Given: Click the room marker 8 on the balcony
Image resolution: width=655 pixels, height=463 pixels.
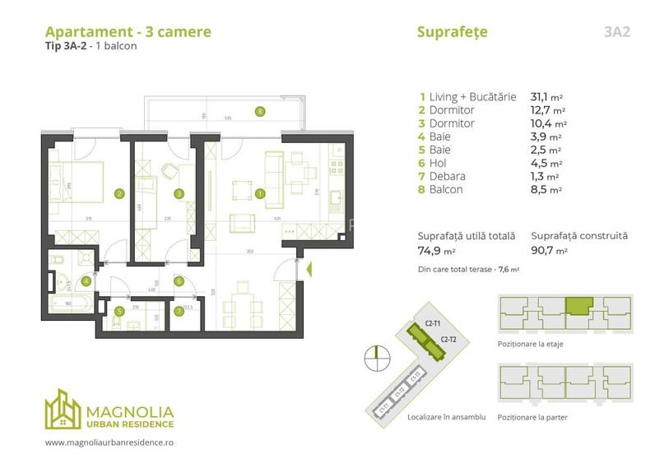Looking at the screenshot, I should pos(260,111).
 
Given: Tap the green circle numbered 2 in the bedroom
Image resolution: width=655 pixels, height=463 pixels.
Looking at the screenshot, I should pos(119,194).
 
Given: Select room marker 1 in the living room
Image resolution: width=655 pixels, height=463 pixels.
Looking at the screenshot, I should pos(260,194).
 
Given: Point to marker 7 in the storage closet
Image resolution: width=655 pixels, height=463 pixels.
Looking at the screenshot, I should pos(179,312).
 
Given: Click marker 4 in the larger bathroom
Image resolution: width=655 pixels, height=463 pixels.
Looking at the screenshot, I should pos(86,280).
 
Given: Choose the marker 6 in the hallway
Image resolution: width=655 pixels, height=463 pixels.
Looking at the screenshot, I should pos(179,280).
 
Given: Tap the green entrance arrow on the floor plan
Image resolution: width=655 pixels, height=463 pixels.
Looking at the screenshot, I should pos(309,269).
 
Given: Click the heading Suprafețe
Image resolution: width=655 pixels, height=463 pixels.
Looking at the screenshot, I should pos(453,32).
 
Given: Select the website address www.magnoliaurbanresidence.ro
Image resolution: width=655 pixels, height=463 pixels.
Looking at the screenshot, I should pos(109,442).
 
